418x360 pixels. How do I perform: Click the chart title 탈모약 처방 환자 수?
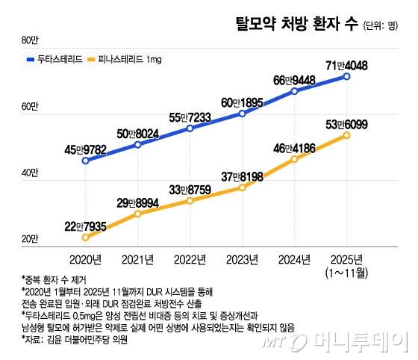pyautogui.click(x=296, y=23)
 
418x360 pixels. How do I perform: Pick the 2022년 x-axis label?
pyautogui.click(x=190, y=258)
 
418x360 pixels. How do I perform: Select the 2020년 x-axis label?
pyautogui.click(x=85, y=258)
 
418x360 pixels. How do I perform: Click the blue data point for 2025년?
pyautogui.click(x=346, y=75)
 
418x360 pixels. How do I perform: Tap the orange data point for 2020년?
pyautogui.click(x=85, y=237)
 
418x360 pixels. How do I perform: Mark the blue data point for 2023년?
pyautogui.click(x=243, y=114)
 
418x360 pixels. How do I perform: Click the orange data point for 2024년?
pyautogui.click(x=295, y=159)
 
